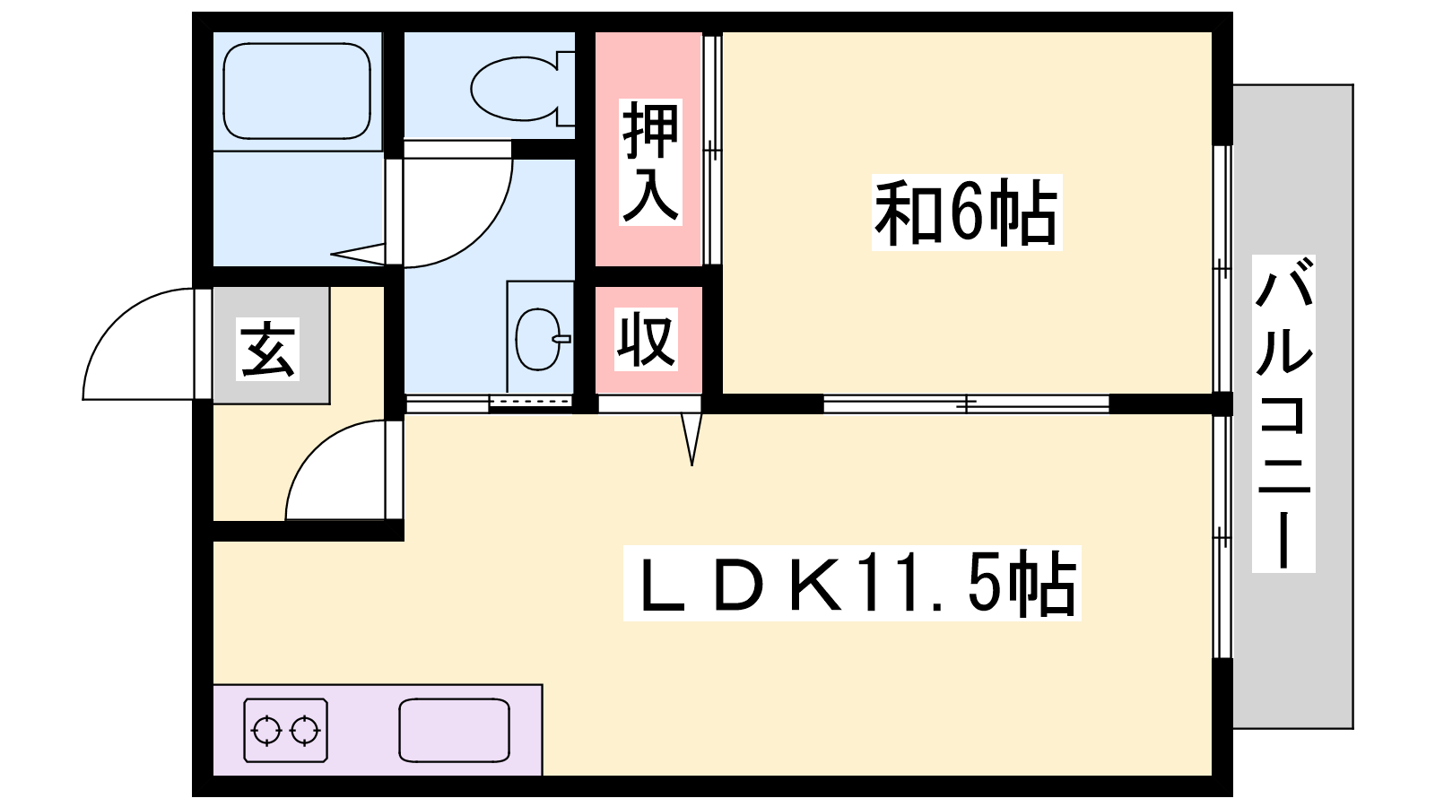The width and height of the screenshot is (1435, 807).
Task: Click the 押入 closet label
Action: pos(650,162)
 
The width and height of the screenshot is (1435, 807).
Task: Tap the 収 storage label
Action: pos(647,340)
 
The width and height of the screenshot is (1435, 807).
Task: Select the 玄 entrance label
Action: pos(268,350)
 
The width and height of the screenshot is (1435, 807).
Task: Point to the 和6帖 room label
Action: pos(967,212)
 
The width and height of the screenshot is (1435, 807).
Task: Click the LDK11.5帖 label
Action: pos(852,583)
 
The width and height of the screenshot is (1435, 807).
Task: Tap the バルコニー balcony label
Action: pos(1283,413)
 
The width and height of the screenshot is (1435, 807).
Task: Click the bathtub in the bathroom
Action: pos(297,91)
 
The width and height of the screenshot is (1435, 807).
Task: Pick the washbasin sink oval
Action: pos(538,340)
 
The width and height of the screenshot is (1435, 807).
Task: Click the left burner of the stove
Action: pos(266,730)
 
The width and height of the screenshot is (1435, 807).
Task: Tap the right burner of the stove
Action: pos(305,730)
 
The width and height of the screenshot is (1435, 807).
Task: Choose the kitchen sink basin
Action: pos(454,730)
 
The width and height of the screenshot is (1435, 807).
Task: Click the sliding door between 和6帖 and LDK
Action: pos(966,403)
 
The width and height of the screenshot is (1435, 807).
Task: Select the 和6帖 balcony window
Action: pos(1222,269)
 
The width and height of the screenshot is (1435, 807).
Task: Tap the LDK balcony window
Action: pos(1222,537)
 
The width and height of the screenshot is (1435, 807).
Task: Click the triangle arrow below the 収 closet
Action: pos(691,439)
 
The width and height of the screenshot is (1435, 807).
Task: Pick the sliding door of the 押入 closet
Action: pos(712,150)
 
